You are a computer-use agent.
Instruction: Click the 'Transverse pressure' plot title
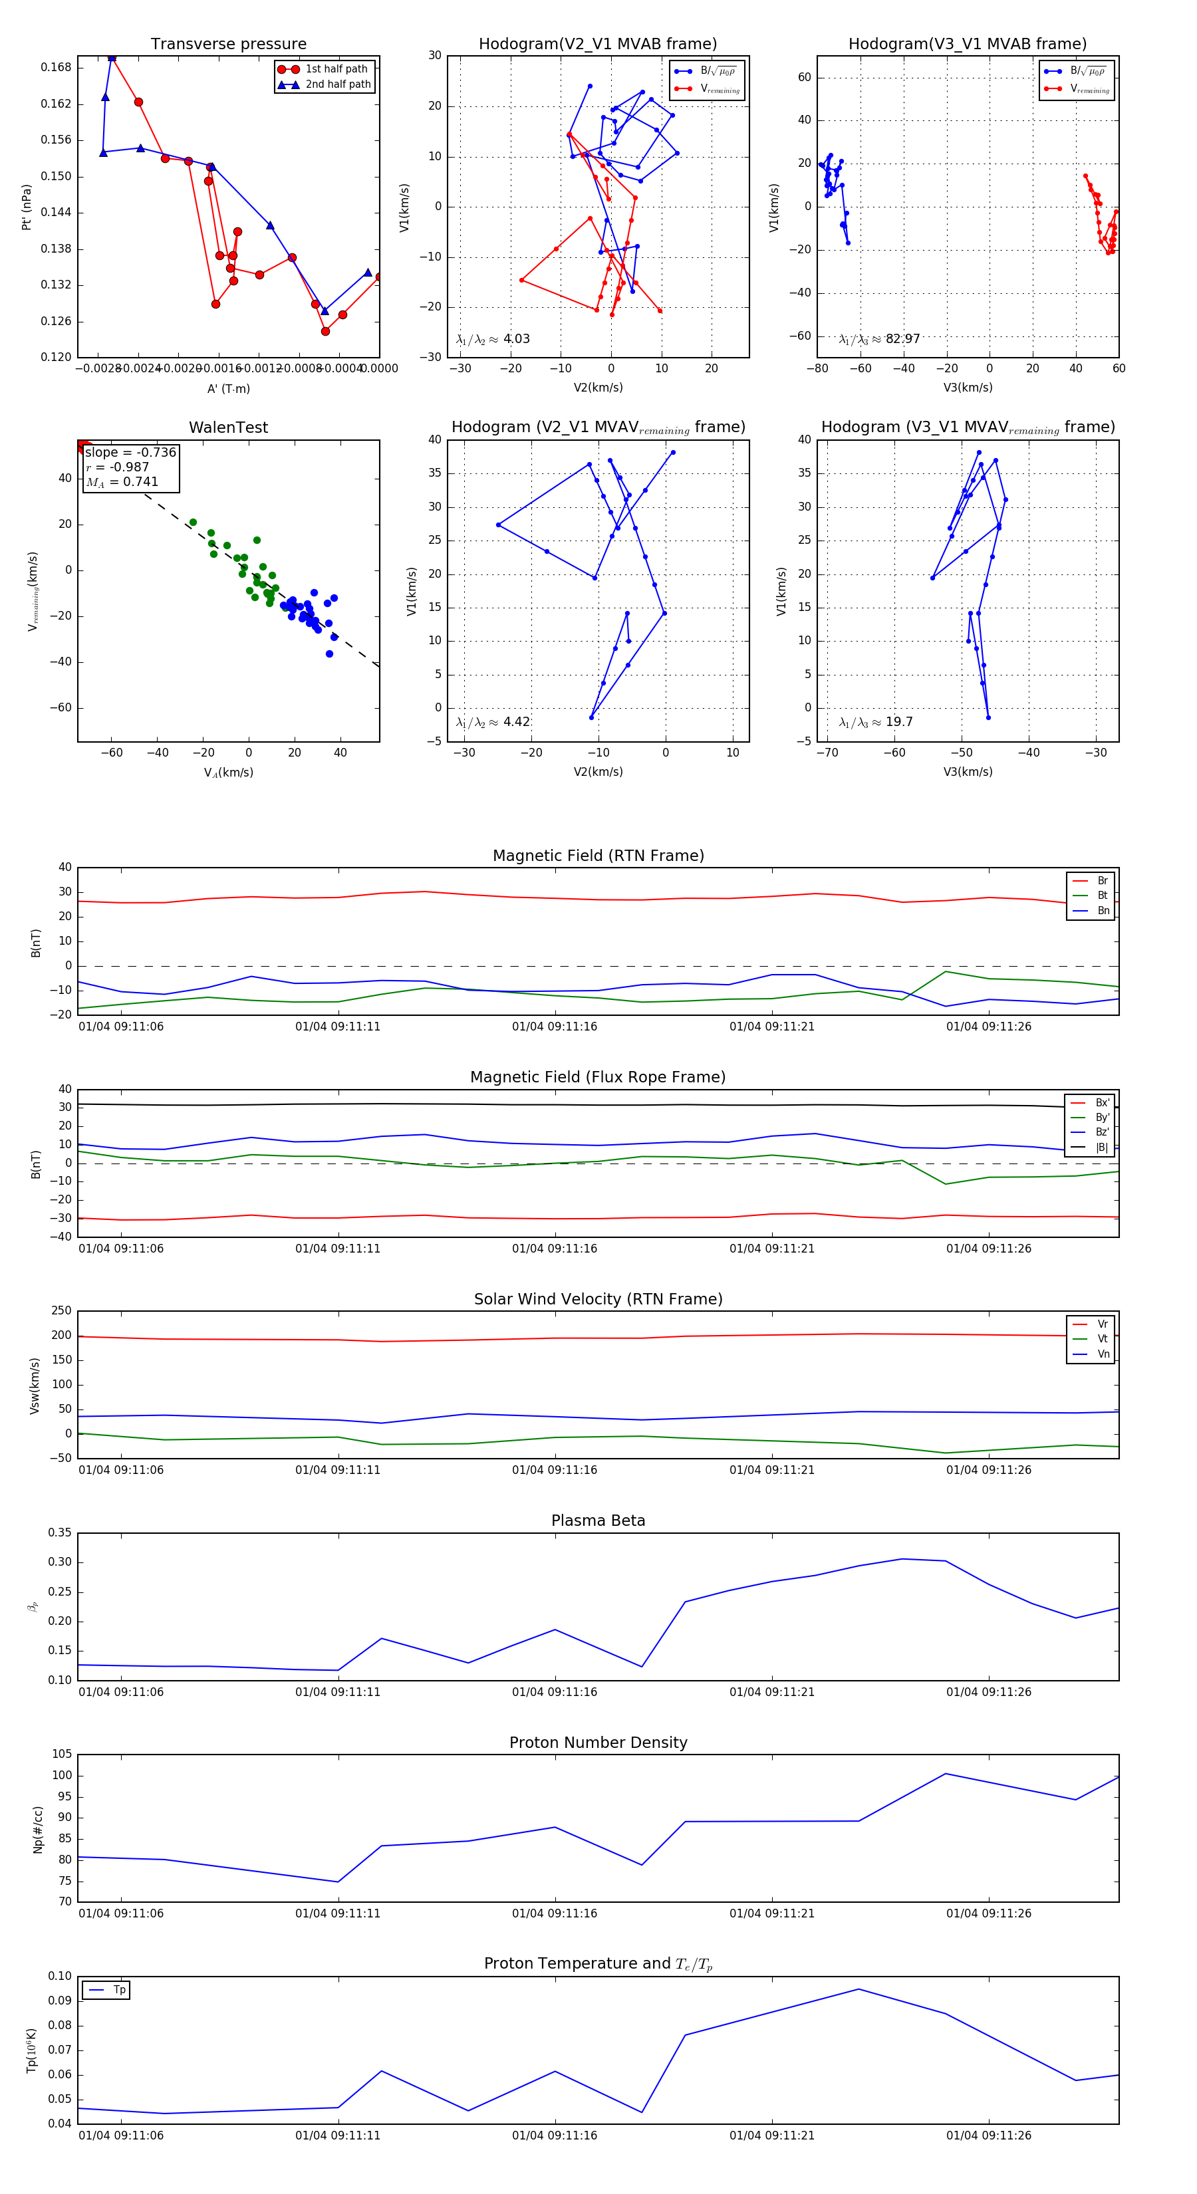coord(228,45)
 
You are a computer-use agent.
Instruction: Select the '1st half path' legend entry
coord(336,69)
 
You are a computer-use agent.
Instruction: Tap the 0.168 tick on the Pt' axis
coord(57,67)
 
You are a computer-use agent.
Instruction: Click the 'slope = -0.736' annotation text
coord(130,452)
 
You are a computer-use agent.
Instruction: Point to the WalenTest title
coord(228,427)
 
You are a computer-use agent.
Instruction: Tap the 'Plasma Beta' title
coord(598,1521)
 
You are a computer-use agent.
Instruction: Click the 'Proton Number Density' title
coord(598,1743)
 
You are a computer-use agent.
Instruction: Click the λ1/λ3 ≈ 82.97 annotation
coord(879,339)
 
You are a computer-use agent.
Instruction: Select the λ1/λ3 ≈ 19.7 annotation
coord(876,722)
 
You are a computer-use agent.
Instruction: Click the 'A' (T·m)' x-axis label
coord(228,388)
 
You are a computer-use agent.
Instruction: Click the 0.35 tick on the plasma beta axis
coord(60,1532)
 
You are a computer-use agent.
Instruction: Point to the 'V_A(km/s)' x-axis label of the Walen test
coord(228,773)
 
